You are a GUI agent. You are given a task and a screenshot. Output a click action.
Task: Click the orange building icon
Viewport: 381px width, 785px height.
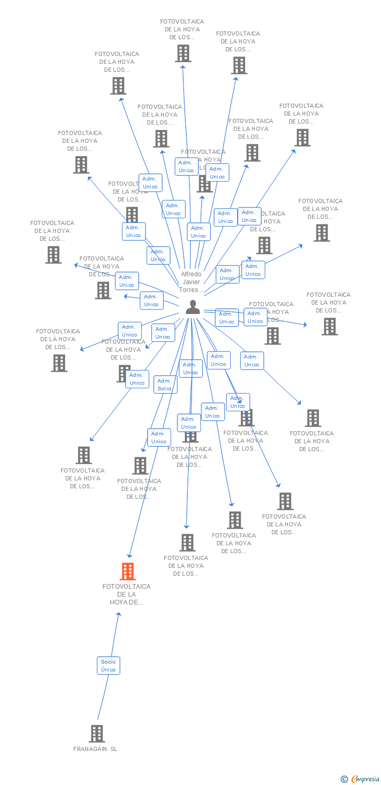pos(128,571)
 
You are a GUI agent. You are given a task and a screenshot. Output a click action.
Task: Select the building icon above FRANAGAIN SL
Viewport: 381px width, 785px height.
pos(97,734)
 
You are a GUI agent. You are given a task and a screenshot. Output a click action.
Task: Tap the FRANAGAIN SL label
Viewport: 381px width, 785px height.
pos(95,749)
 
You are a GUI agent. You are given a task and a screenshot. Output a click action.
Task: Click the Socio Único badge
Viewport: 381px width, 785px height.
pos(108,666)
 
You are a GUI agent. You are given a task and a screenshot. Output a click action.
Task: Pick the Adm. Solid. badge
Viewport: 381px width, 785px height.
pos(165,385)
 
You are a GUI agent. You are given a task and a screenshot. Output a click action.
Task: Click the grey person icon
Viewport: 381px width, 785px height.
pos(193,307)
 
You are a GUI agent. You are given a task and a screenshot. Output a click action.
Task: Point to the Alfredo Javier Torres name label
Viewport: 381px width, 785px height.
pos(191,282)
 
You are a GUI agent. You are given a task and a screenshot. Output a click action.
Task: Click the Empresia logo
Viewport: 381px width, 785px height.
pos(365,779)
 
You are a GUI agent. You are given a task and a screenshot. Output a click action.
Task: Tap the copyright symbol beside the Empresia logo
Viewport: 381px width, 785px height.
pos(344,779)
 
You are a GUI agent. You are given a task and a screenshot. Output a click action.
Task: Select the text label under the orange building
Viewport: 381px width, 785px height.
pos(126,594)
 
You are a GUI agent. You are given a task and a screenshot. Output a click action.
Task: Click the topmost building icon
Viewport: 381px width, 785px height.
pos(183,53)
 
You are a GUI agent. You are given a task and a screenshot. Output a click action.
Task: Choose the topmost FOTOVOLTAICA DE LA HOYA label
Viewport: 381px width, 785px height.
pos(182,29)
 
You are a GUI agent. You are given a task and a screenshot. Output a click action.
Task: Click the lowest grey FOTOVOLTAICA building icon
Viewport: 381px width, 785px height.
pos(187,543)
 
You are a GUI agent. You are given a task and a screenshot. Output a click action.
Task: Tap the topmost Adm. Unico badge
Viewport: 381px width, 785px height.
pos(186,166)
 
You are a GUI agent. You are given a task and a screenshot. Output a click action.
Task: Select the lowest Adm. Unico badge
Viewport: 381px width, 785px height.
pos(159,438)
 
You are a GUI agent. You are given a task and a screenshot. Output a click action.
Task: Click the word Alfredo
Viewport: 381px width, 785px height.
pos(191,274)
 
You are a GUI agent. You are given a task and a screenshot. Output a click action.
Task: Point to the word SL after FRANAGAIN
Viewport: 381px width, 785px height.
pos(114,749)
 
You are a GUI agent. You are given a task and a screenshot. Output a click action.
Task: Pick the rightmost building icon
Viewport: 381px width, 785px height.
pos(329,327)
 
